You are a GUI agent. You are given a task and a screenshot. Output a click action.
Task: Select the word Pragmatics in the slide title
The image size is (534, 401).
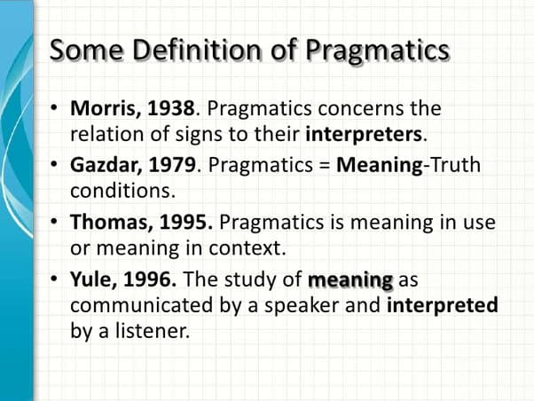point(378,51)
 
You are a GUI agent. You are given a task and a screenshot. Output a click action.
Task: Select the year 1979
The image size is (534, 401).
point(172,167)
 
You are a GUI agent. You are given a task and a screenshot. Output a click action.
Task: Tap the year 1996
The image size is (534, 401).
point(147,281)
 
